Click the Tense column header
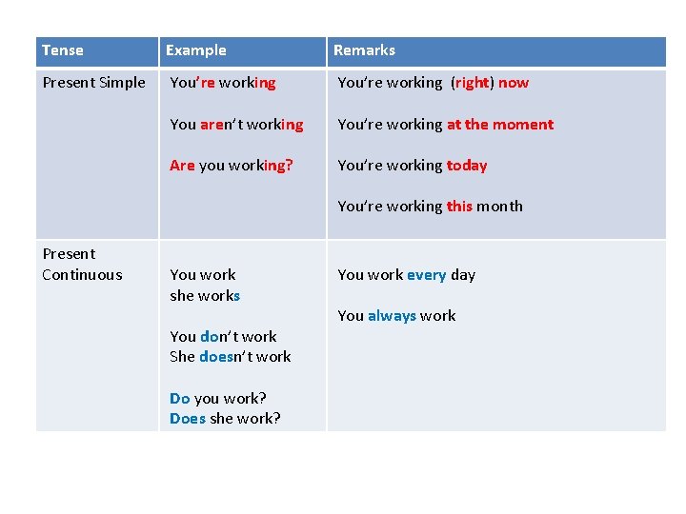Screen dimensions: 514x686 coord(63,50)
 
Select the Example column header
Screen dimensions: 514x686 coord(196,50)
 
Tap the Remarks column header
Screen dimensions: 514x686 coord(364,50)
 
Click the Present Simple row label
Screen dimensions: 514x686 coord(94,83)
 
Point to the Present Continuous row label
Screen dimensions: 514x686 coord(82,265)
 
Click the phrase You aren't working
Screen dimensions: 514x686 coord(236,125)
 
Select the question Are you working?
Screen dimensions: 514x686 coord(232,166)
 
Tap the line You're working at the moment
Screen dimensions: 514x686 coord(445,125)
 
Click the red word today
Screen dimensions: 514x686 coord(467,166)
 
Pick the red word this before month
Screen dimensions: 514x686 coord(459,207)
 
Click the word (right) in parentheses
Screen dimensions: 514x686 coord(472,83)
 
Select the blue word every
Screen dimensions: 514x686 coord(426,275)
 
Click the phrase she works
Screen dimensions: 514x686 coord(205,296)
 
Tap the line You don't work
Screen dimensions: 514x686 coord(223,337)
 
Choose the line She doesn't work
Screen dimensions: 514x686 coord(231,357)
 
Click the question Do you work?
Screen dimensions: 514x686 coord(218,398)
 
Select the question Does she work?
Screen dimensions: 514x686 coord(225,418)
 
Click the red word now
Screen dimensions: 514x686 coord(513,83)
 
